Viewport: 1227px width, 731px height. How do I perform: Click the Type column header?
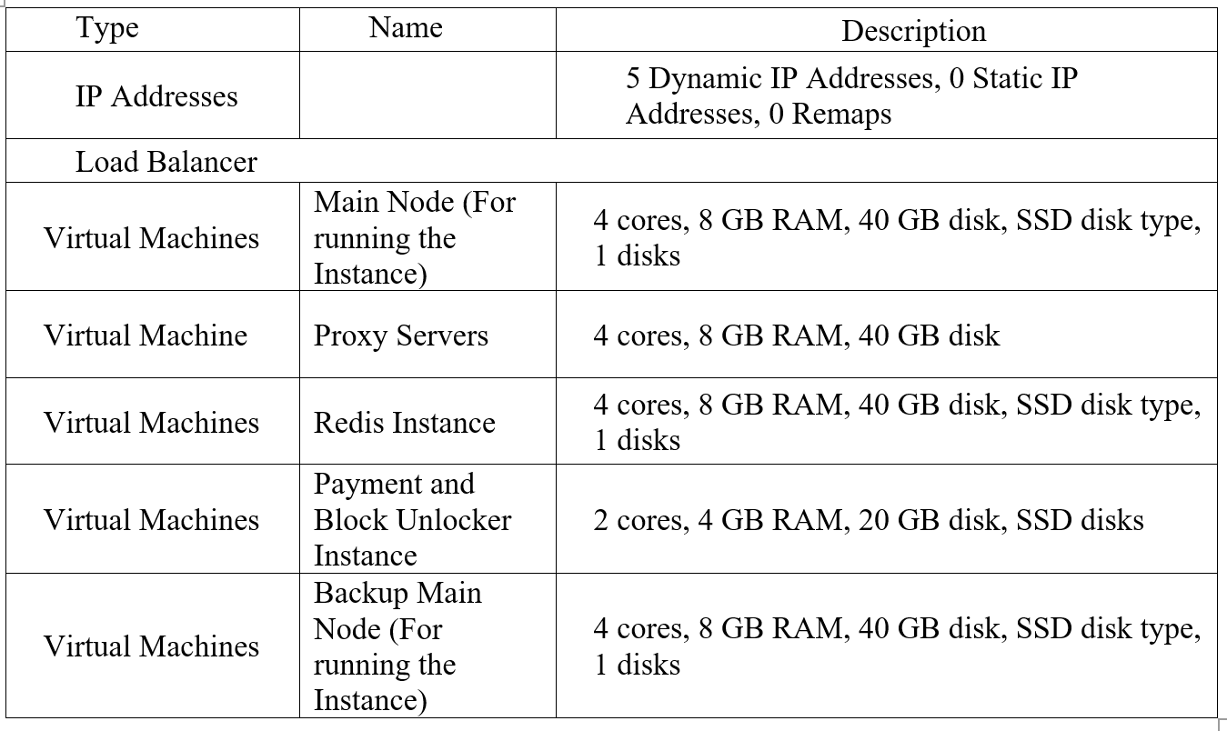[107, 28]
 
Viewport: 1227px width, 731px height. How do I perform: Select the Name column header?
[406, 28]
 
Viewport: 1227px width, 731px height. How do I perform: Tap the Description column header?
[913, 31]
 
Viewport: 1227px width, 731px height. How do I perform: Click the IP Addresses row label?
[156, 96]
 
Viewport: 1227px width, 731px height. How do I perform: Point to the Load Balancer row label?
[166, 162]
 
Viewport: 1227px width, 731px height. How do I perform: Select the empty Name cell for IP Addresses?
[427, 95]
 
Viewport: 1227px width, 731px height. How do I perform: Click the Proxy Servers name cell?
[401, 335]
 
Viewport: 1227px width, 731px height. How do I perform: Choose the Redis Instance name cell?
[405, 423]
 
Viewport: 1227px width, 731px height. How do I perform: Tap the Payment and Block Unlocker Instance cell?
[412, 520]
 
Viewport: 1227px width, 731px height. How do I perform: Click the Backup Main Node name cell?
[397, 646]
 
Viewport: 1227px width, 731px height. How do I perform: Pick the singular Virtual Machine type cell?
[146, 335]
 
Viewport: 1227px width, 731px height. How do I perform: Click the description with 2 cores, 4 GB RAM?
[869, 520]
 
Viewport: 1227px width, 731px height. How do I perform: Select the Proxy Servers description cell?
[797, 335]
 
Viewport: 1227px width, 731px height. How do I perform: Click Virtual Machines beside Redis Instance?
[152, 423]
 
